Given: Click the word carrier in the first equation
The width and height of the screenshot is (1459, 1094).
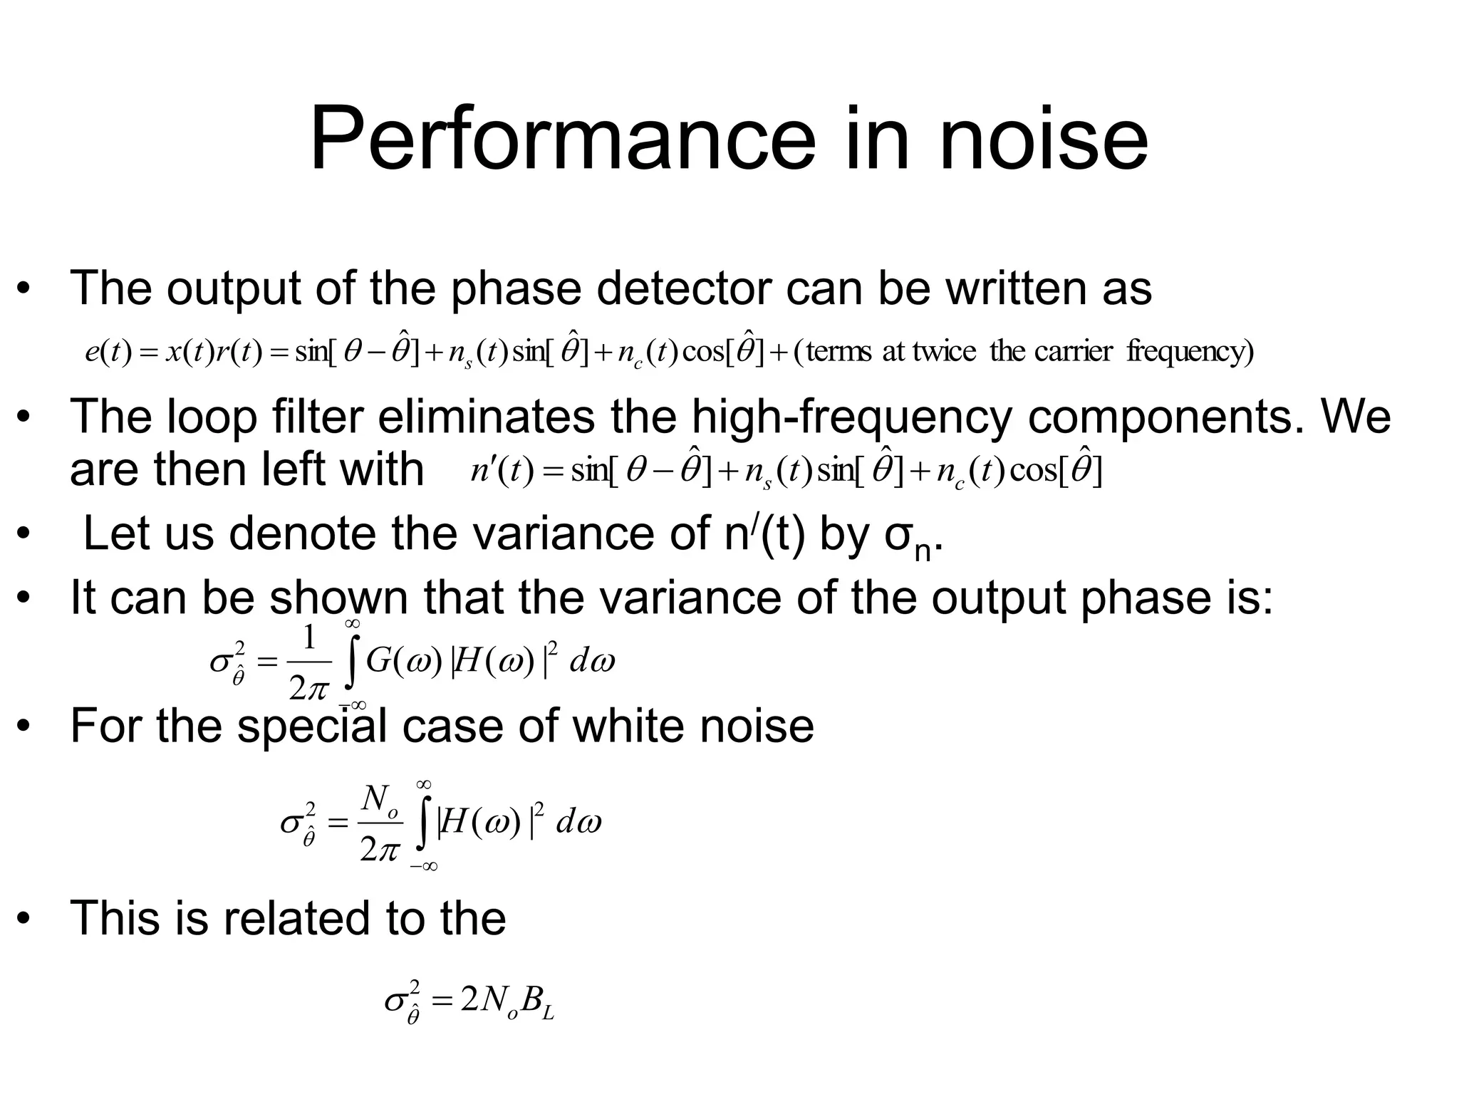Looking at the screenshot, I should coord(1073,352).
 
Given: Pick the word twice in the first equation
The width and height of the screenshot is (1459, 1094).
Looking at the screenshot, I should coord(945,352).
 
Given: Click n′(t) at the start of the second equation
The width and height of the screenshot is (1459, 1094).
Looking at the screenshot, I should coord(502,471).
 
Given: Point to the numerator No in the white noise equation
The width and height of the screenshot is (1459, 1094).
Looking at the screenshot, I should coord(378,800).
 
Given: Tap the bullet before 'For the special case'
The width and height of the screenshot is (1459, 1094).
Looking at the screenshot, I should coord(25,727).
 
